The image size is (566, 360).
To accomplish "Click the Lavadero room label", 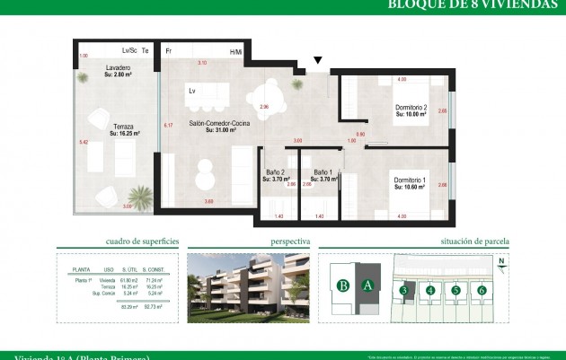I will (119, 68).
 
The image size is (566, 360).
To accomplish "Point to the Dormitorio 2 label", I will (415, 109).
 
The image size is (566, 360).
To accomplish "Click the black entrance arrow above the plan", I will (317, 62).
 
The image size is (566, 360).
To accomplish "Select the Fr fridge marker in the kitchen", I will (167, 51).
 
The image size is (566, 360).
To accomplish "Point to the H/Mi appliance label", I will (235, 52).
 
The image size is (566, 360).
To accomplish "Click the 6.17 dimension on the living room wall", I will (167, 125).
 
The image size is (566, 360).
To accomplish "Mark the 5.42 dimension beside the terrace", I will (83, 142).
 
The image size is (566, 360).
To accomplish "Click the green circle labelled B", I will (342, 286).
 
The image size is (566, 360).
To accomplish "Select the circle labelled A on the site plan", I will (367, 286).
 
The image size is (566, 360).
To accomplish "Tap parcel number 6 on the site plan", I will (482, 290).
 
